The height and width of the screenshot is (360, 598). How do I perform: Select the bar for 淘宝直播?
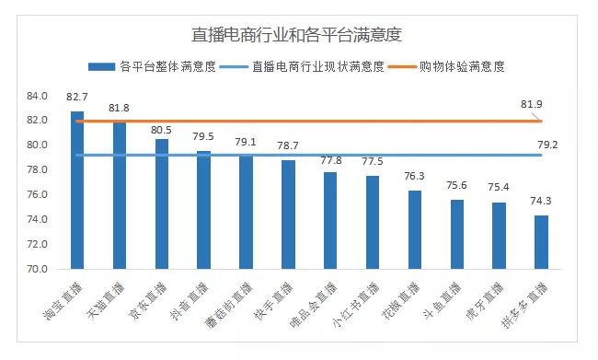pos(77,190)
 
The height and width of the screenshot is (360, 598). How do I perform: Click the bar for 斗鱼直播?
pos(457,234)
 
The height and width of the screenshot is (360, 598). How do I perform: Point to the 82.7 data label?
pos(77,97)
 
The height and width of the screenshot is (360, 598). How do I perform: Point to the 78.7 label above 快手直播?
pos(288,146)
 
